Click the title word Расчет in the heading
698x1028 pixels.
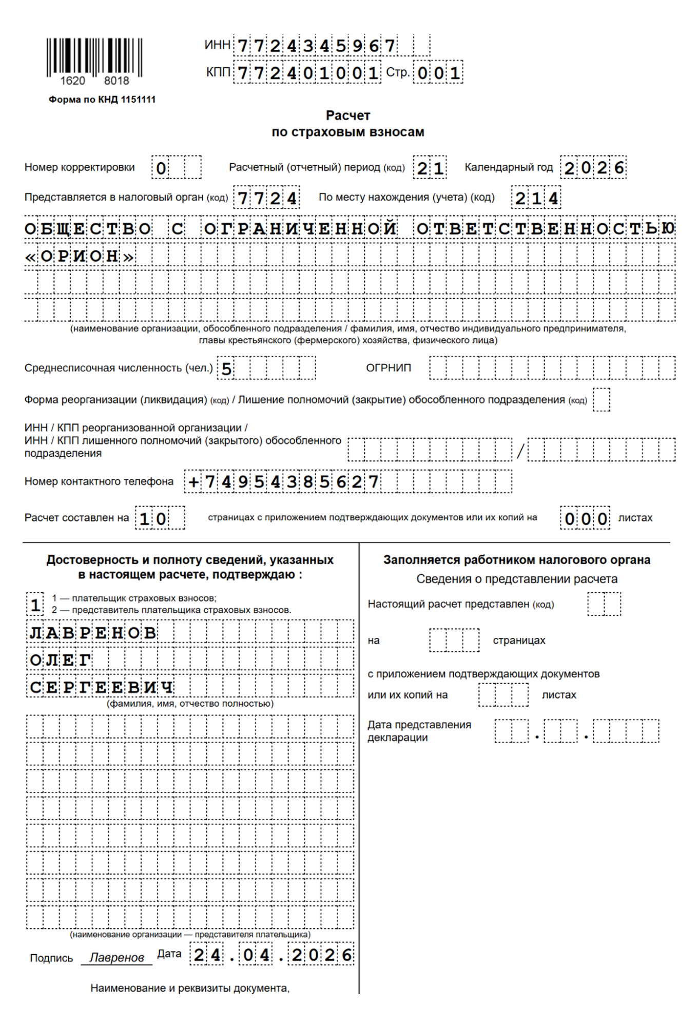pos(348,115)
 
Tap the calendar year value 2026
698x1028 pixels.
pos(594,168)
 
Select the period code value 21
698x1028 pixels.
pos(430,168)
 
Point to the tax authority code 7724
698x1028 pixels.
pos(267,198)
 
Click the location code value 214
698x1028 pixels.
pos(536,198)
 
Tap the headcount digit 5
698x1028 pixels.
pos(226,368)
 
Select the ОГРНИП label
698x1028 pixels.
pos(389,368)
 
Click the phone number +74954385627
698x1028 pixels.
pos(283,482)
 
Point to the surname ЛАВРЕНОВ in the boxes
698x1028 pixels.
pos(92,633)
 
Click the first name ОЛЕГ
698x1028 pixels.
pos(60,660)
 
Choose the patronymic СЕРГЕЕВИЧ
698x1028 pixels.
pos(101,687)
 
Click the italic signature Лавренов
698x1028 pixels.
pos(117,958)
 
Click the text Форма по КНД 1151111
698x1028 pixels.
pos(102,100)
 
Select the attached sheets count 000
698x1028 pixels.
pos(586,519)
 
